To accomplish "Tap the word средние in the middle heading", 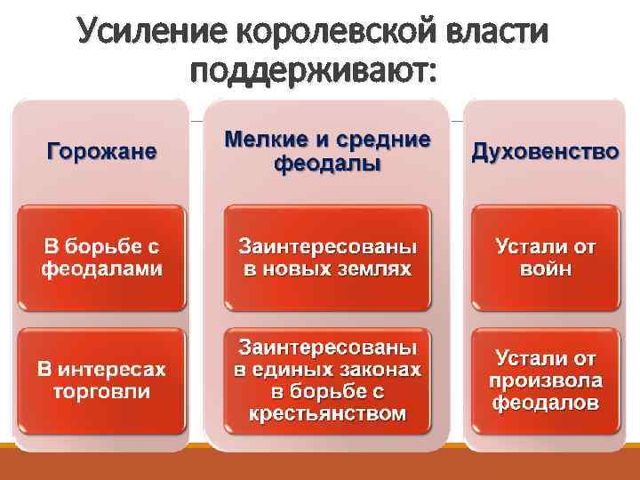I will (383, 140).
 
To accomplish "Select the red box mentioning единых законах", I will (327, 380).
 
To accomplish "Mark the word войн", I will (545, 268).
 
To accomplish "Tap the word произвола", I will (545, 380).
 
